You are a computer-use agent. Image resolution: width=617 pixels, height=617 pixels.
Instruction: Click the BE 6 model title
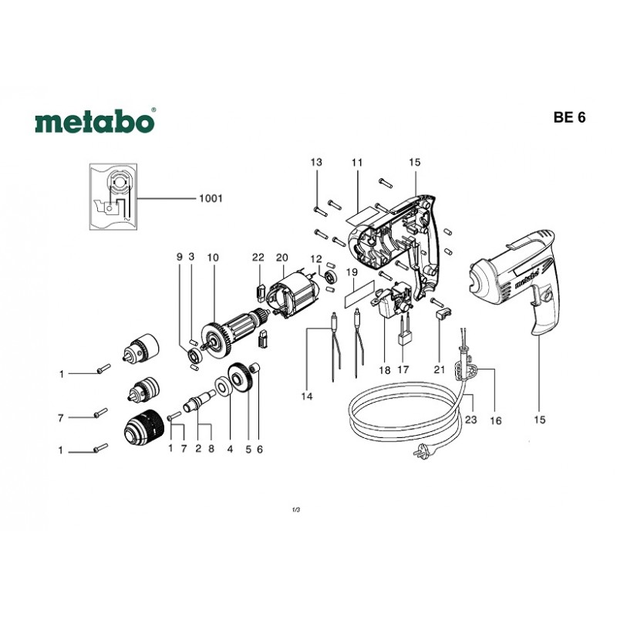pos(569,118)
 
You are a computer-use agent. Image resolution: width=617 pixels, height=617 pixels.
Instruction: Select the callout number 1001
pos(211,198)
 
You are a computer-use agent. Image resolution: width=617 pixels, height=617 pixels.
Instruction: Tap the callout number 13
pos(316,162)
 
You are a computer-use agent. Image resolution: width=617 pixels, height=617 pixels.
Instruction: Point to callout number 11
pos(356,162)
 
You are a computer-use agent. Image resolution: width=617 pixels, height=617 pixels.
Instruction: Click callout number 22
pos(258,258)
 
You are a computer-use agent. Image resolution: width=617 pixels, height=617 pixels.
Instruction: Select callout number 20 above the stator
pos(282,258)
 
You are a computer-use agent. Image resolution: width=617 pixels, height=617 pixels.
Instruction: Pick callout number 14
pos(306,396)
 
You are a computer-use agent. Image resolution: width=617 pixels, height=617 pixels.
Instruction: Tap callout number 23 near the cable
pos(470,420)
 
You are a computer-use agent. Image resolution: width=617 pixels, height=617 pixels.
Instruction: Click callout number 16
pos(495,420)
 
